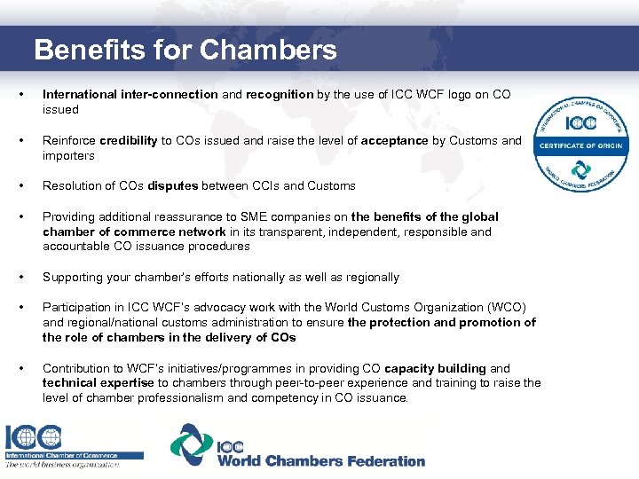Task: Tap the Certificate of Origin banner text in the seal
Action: [x=580, y=145]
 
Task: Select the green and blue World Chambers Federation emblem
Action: [x=191, y=445]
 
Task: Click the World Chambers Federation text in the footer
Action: [x=321, y=461]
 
